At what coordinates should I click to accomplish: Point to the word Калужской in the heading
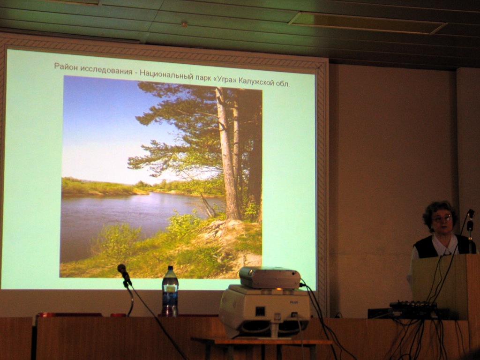255,82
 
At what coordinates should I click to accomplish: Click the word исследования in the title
103,69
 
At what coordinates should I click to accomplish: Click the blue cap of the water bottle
170,268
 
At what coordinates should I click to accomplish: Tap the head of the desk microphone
122,269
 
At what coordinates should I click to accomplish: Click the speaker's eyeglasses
442,218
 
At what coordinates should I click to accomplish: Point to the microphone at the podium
470,219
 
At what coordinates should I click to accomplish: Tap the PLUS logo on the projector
294,302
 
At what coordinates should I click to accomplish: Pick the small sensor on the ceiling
184,24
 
